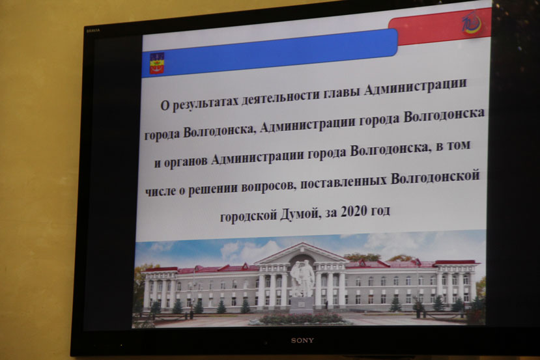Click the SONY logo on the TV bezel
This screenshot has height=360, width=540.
pos(302,340)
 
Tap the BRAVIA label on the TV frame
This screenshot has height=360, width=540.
pos(93,31)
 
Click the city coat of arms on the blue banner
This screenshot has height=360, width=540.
pos(157,63)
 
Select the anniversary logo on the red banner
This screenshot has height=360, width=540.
pos(472,23)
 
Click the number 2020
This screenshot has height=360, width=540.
pos(353,212)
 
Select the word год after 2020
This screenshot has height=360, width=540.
pos(380,211)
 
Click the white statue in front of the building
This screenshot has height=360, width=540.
pos(302,279)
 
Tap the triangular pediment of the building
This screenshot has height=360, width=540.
pos(302,253)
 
